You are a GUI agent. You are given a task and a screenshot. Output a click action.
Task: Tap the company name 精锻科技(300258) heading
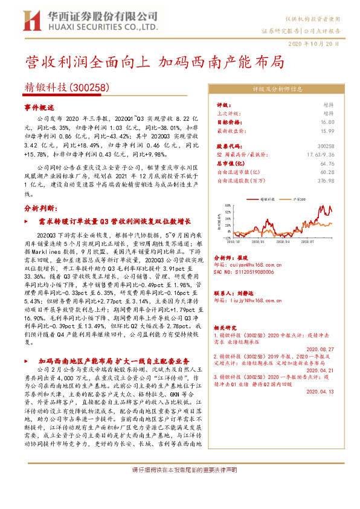[x=66, y=87]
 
